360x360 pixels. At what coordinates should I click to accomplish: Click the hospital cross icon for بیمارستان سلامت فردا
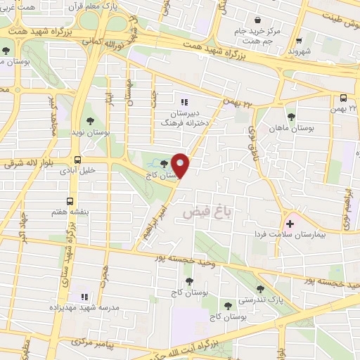(x=290, y=224)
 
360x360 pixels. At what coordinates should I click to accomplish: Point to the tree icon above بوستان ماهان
(x=291, y=117)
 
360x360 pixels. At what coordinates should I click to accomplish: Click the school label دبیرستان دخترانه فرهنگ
(x=184, y=117)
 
